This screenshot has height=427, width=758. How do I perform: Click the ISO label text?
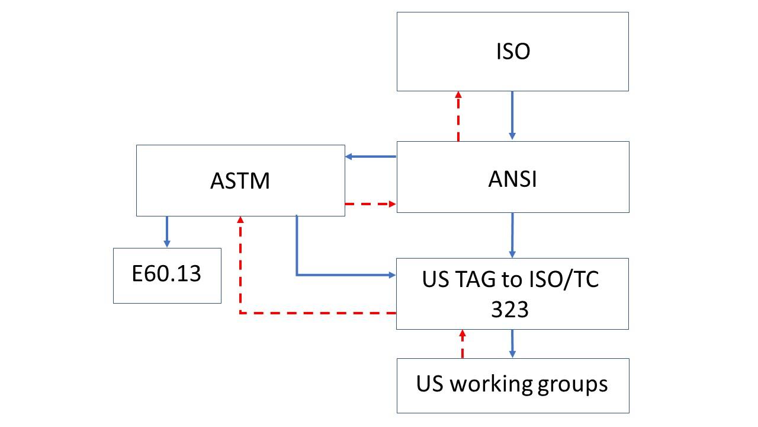pyautogui.click(x=513, y=52)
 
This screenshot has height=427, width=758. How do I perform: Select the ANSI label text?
pyautogui.click(x=513, y=178)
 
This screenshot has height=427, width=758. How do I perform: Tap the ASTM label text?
pyautogui.click(x=240, y=180)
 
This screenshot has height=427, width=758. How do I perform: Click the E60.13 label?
pyautogui.click(x=167, y=274)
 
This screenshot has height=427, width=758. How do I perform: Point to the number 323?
pyautogui.click(x=510, y=308)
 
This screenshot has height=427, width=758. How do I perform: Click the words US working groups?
pyautogui.click(x=512, y=384)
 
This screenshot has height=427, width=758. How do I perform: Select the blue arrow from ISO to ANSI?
pyautogui.click(x=513, y=116)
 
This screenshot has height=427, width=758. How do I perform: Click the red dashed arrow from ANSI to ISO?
pyautogui.click(x=458, y=116)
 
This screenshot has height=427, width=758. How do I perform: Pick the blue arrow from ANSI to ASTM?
pyautogui.click(x=371, y=157)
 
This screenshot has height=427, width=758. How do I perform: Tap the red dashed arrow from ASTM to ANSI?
pyautogui.click(x=371, y=204)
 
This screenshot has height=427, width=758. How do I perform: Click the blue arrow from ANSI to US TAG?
pyautogui.click(x=512, y=235)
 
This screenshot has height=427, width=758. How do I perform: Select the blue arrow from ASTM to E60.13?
pyautogui.click(x=167, y=231)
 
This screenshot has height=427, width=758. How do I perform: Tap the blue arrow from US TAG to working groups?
pyautogui.click(x=512, y=343)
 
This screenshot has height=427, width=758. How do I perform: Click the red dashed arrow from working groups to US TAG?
pyautogui.click(x=462, y=344)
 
